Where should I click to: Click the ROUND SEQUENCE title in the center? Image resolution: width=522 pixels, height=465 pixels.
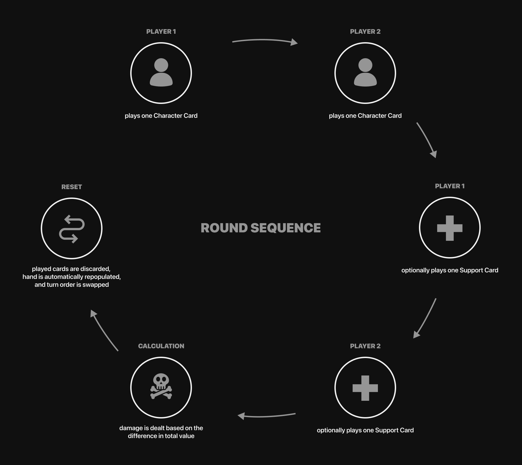[260, 228]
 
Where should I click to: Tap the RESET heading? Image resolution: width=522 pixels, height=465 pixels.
[72, 187]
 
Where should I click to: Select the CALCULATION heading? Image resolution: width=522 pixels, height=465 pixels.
[161, 346]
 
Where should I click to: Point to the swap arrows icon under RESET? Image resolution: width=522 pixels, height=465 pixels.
[72, 229]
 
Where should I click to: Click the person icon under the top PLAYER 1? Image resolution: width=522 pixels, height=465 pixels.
[161, 72]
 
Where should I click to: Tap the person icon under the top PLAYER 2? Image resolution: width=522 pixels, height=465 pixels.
[365, 72]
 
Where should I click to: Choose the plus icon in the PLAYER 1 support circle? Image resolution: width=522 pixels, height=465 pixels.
[450, 228]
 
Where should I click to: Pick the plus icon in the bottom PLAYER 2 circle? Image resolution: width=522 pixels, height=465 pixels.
[365, 388]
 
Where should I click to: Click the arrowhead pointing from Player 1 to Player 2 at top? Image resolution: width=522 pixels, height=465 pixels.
[294, 42]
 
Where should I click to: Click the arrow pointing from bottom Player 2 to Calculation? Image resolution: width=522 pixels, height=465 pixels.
[266, 416]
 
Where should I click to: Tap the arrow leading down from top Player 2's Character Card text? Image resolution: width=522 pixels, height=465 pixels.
[427, 140]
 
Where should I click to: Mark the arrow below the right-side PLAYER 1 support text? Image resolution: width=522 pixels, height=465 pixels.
[425, 318]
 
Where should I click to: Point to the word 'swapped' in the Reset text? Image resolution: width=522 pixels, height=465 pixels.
[95, 285]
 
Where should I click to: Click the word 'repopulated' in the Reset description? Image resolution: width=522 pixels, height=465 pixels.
[103, 277]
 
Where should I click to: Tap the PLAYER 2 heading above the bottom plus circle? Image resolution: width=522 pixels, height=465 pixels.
[365, 346]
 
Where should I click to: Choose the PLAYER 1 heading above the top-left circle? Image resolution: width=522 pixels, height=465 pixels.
[161, 32]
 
